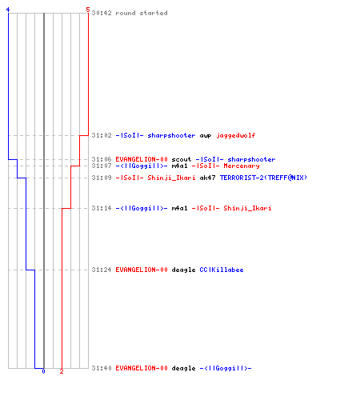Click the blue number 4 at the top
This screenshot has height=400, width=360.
tap(8, 10)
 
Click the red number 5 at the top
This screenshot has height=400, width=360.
tap(88, 10)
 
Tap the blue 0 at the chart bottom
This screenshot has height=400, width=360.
tap(43, 371)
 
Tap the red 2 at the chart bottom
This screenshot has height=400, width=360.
tap(62, 371)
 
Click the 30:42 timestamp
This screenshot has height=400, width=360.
tap(102, 13)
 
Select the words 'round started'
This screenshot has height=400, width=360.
tap(142, 13)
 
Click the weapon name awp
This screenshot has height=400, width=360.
tap(206, 136)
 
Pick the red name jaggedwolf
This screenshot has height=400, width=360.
tap(236, 135)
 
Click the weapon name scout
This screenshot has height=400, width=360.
tap(182, 159)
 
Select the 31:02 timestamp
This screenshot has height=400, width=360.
tap(102, 135)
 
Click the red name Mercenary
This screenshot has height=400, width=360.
tap(242, 166)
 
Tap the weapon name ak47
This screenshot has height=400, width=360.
tap(207, 178)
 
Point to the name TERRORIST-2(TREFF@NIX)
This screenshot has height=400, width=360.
tap(263, 178)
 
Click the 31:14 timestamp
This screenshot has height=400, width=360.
tap(102, 208)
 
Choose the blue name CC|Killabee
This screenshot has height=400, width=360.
tap(222, 270)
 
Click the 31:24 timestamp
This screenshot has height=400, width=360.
tap(102, 270)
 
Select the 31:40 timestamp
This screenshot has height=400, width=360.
tap(102, 368)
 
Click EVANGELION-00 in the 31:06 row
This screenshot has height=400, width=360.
tap(142, 159)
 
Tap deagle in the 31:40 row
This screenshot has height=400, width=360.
tap(183, 369)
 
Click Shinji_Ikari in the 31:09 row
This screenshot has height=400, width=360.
tap(171, 178)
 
